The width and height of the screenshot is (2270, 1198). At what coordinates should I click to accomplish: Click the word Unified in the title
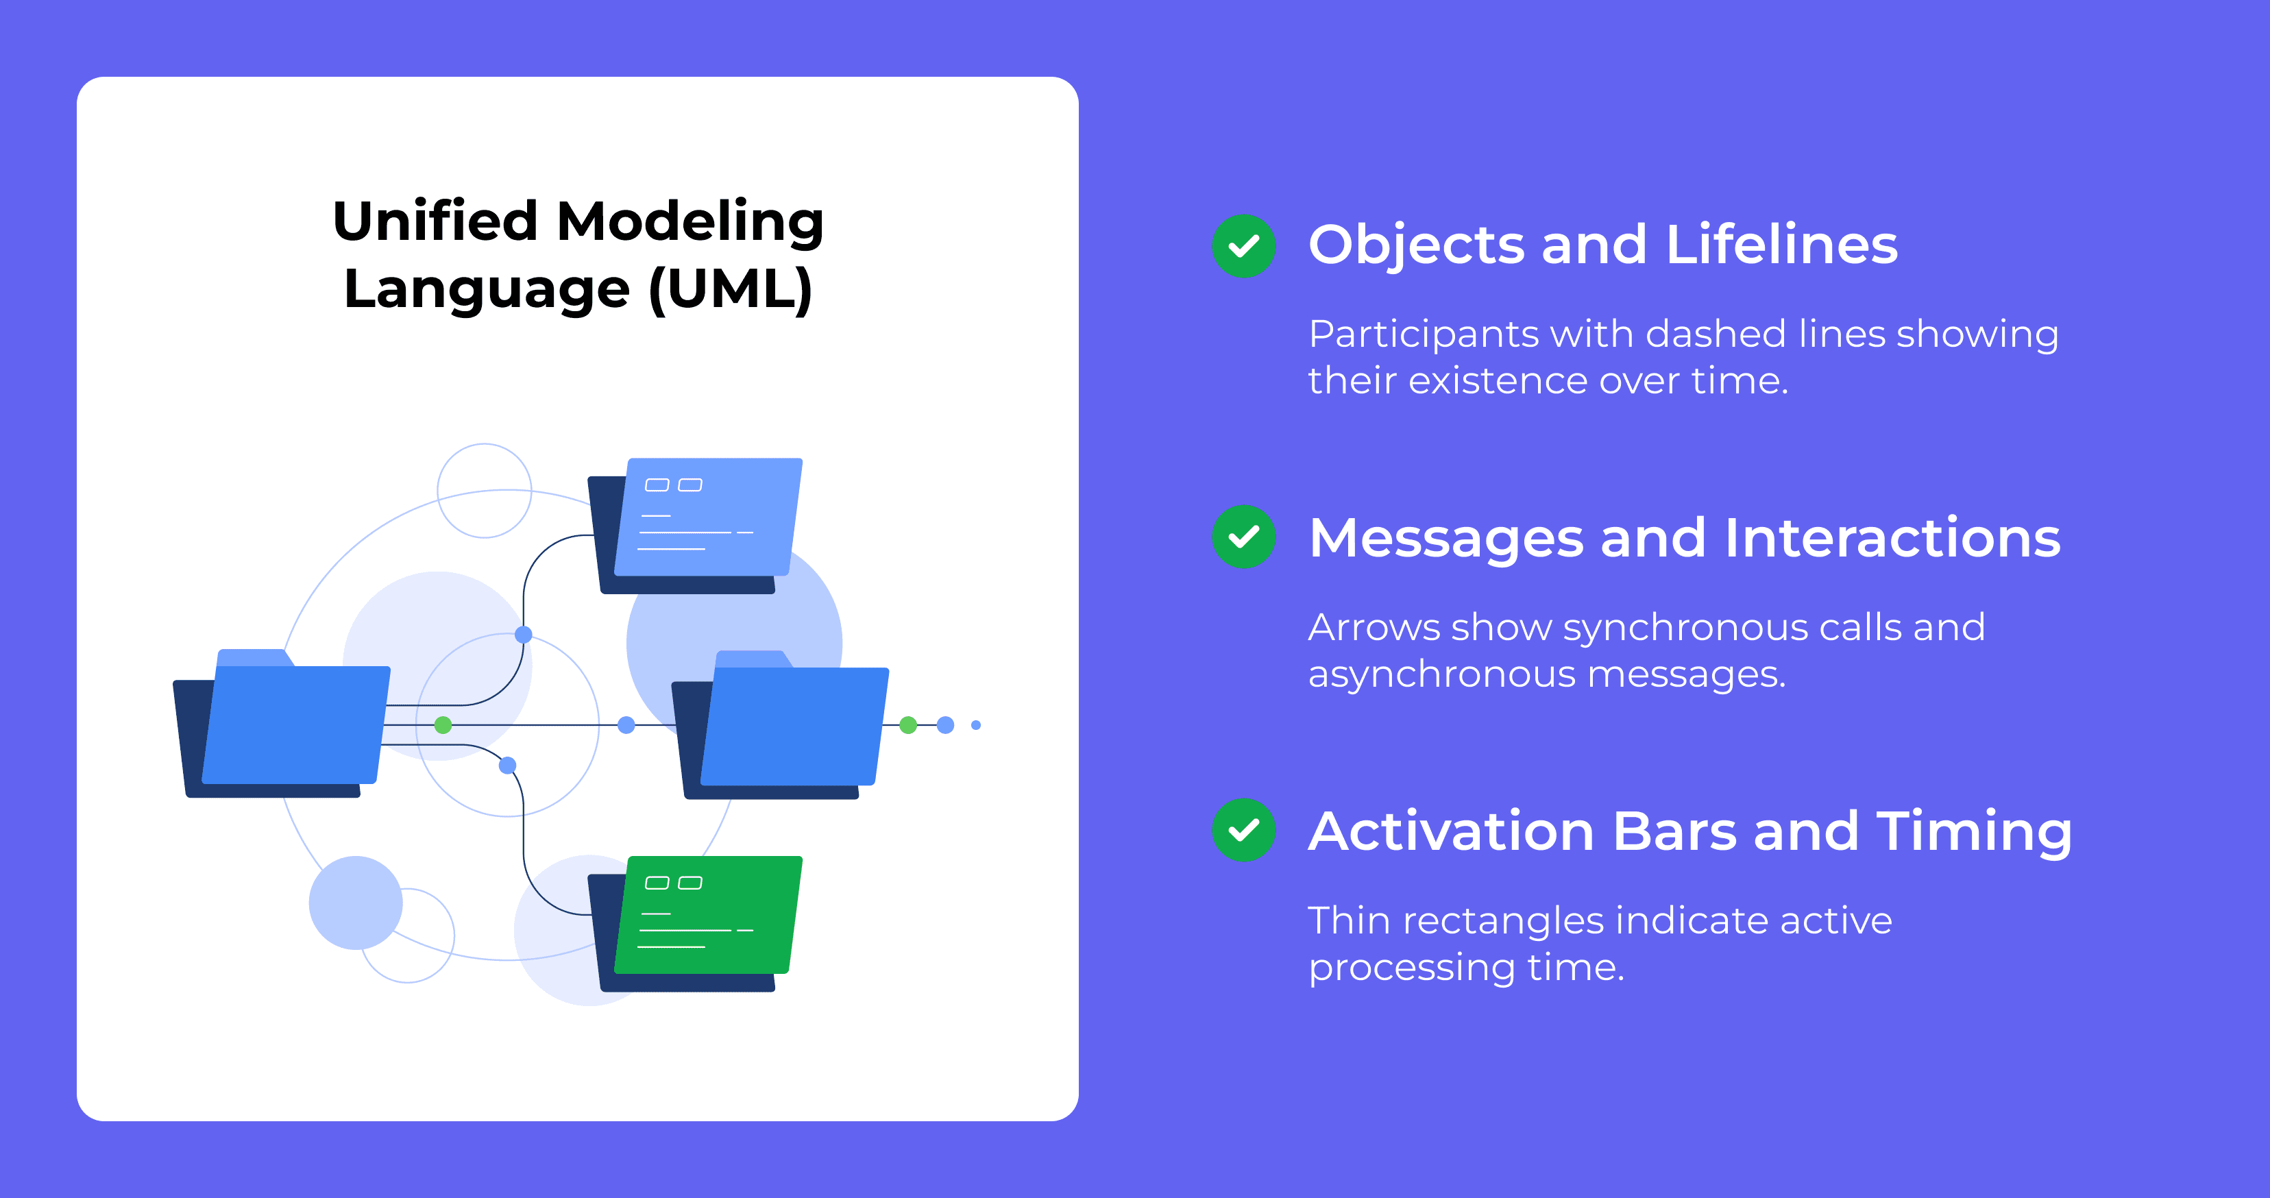[x=435, y=221]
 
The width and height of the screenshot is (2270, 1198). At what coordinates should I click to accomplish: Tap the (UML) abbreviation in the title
[x=730, y=289]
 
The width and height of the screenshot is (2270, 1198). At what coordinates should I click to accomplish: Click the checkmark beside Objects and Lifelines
[x=1243, y=246]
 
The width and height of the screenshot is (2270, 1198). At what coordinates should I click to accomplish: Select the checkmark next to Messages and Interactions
[x=1243, y=537]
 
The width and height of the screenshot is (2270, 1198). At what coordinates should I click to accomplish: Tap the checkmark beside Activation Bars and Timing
[x=1243, y=830]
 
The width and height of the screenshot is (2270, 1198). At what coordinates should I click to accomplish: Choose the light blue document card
[x=707, y=517]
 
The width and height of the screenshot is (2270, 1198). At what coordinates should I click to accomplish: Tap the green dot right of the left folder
[x=443, y=725]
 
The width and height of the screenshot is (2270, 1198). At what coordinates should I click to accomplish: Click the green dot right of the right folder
[x=907, y=725]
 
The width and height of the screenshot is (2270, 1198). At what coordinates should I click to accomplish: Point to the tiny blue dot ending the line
[x=975, y=725]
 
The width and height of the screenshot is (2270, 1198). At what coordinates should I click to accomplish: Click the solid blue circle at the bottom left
[x=355, y=902]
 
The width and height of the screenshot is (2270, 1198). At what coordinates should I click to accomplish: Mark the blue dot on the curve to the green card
[x=508, y=766]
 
